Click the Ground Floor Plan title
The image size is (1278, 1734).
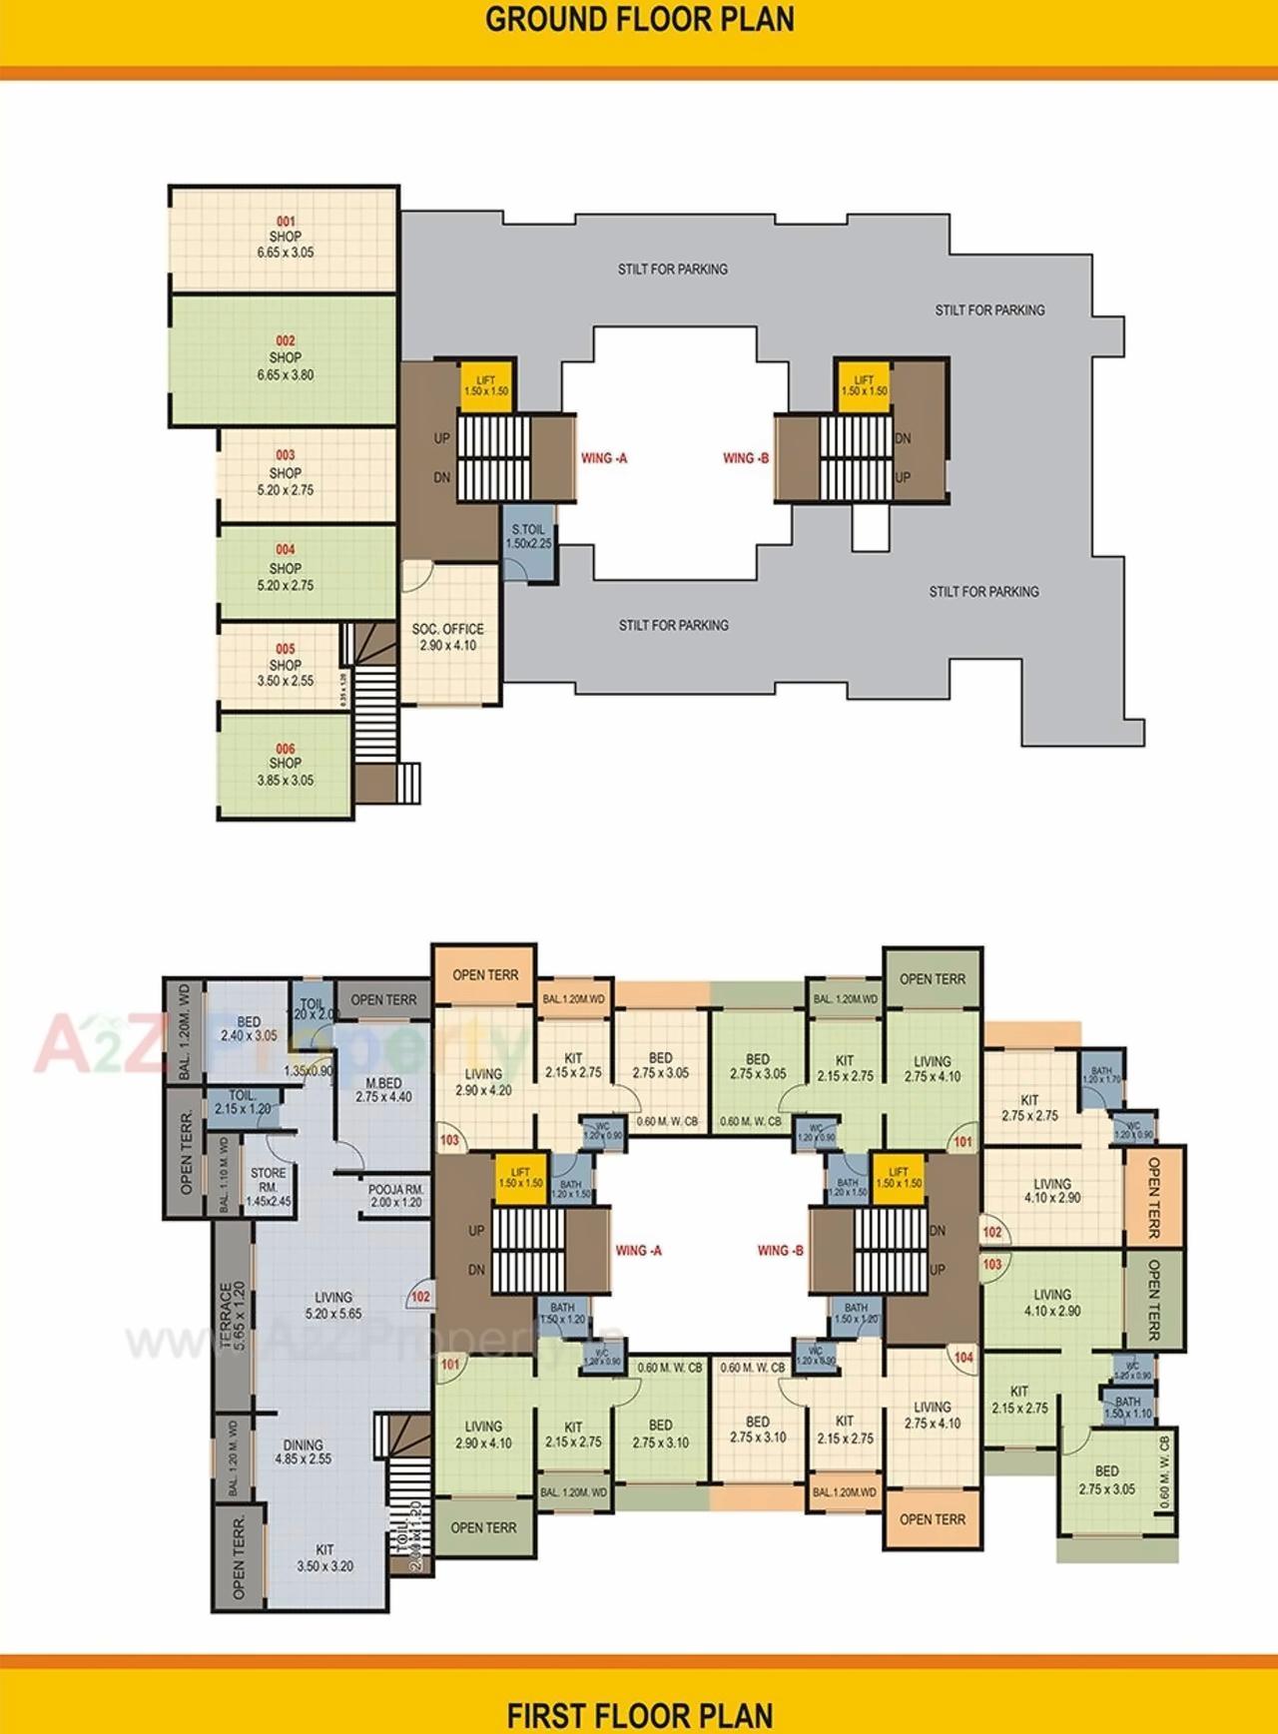639,20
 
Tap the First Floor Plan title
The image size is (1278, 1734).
639,1715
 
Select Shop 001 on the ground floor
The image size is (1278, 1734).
285,238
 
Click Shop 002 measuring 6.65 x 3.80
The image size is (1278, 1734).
285,357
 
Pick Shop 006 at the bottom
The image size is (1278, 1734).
286,765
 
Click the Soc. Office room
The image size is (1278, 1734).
447,637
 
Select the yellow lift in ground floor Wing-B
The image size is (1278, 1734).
864,385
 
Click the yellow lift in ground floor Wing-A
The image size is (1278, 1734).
486,385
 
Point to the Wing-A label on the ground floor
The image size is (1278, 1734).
604,458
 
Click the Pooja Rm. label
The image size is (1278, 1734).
396,1196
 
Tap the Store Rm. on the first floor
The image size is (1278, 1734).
268,1187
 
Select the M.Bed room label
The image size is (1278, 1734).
383,1090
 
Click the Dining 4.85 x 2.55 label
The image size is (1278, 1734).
303,1451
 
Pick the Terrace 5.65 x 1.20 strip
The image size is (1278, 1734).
232,1316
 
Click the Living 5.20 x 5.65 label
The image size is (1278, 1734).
333,1306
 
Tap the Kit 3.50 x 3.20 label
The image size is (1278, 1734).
324,1558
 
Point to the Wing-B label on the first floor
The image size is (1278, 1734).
780,1251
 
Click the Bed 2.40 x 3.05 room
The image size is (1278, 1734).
249,1029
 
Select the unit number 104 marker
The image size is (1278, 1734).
962,1358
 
